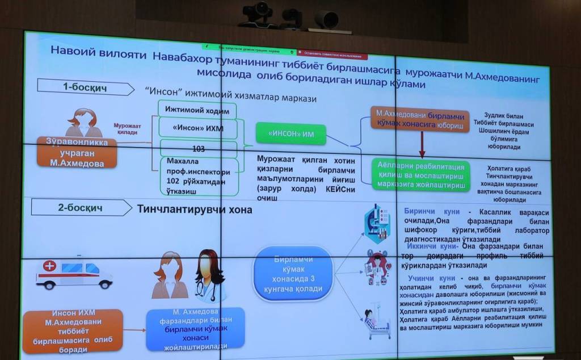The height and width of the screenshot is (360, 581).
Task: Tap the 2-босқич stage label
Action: [80, 208]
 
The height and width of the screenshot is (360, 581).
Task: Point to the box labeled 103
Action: [199, 149]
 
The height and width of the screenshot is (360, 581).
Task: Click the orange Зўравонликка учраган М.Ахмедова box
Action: [77, 152]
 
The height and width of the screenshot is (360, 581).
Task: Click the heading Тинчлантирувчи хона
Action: [195, 208]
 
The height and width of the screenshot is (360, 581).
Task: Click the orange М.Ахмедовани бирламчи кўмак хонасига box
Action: [420, 119]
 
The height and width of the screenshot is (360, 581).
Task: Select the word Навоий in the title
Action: [70, 51]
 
